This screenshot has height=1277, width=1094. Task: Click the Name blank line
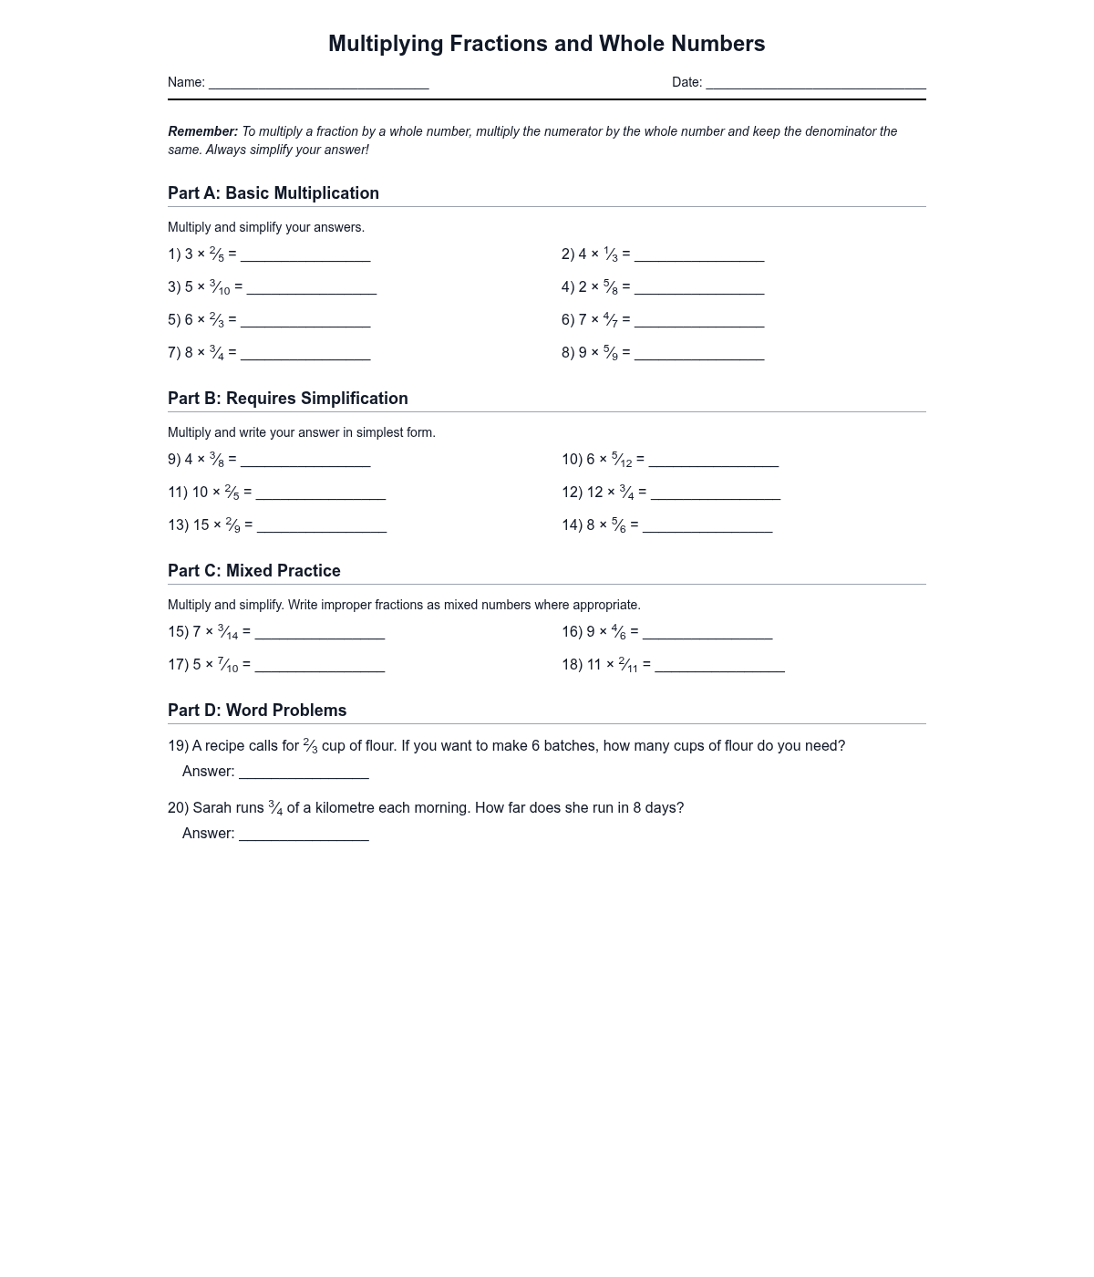(318, 84)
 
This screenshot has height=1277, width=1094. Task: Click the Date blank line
(816, 84)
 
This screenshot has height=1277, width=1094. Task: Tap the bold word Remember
(202, 131)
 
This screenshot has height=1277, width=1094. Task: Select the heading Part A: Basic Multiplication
(273, 193)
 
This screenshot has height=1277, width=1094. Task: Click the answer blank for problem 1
(305, 256)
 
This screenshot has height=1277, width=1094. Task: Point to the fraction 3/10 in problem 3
(220, 287)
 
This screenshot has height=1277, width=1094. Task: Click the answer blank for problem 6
(699, 322)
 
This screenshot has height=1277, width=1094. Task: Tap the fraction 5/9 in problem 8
(611, 353)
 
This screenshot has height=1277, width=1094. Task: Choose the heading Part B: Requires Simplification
(288, 399)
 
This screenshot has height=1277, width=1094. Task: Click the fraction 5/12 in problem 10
(622, 460)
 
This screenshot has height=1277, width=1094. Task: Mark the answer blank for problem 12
(716, 494)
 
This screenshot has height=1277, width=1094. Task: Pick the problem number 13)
(179, 525)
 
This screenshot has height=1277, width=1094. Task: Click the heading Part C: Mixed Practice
(254, 571)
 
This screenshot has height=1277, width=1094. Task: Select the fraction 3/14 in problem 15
(228, 632)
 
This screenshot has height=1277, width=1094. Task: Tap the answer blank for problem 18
(719, 667)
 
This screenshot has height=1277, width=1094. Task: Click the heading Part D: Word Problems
(257, 711)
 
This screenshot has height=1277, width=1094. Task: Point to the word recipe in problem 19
(225, 746)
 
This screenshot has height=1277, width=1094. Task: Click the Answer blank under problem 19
(304, 773)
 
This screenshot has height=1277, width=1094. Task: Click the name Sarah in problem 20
(212, 808)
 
